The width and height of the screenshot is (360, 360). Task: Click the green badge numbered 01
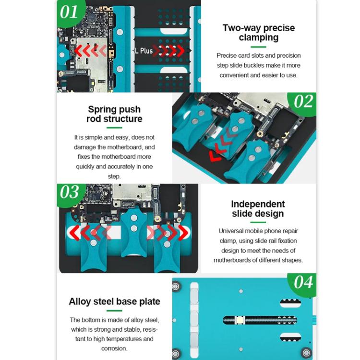click(x=69, y=11)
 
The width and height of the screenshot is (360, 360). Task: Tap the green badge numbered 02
click(x=303, y=102)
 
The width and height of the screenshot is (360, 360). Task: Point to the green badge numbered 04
click(x=303, y=282)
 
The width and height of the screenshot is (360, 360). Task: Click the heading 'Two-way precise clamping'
click(x=258, y=32)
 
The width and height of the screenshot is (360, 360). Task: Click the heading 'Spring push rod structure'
click(x=114, y=114)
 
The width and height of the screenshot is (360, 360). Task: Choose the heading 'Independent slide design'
click(x=258, y=209)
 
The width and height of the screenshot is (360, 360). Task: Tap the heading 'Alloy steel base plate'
click(x=114, y=302)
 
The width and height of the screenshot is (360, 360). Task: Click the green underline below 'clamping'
click(x=258, y=47)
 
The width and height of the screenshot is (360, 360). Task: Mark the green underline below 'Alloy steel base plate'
click(x=114, y=311)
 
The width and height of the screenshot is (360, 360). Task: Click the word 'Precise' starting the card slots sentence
click(x=227, y=56)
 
